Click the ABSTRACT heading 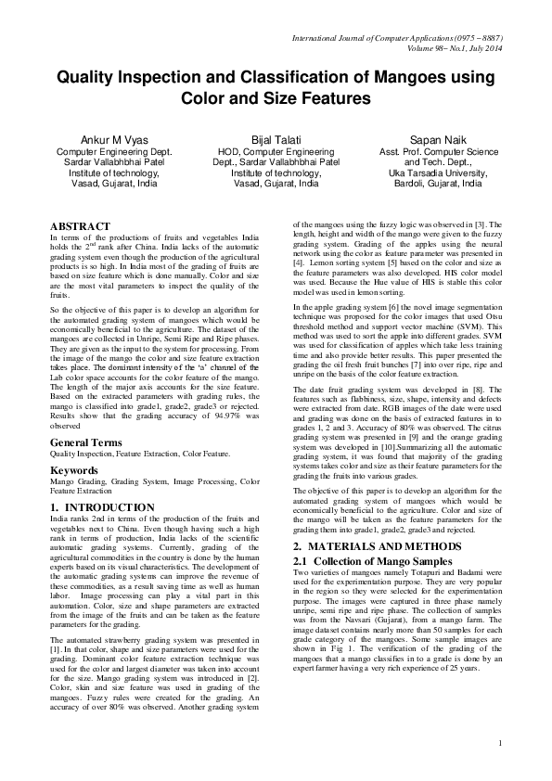(80, 226)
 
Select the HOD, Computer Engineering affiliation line (276, 150)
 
